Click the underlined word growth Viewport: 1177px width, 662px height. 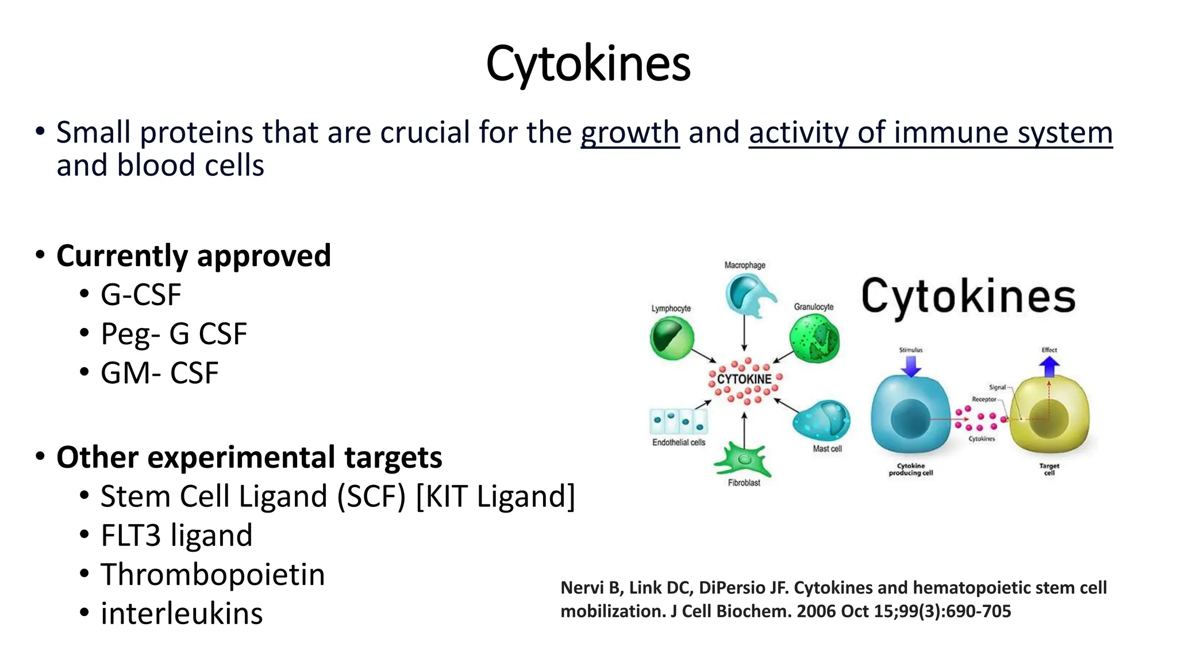pos(630,133)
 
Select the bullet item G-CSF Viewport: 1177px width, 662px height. pos(141,295)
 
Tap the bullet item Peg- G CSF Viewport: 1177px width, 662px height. pos(174,334)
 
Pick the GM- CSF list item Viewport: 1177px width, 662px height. pos(159,373)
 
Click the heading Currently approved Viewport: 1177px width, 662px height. pos(194,256)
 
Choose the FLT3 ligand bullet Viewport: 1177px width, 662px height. pos(176,535)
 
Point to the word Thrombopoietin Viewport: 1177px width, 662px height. pos(213,574)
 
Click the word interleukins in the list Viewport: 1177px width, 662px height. pos(182,613)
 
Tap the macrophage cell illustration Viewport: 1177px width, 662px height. pos(747,295)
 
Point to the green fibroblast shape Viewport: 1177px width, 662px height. pos(743,460)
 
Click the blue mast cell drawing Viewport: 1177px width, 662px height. pos(822,421)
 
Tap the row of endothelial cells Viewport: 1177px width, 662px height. pos(679,421)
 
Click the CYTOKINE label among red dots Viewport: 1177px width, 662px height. pos(744,379)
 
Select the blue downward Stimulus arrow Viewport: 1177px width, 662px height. pos(911,365)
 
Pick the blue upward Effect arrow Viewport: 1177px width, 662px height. pos(1049,365)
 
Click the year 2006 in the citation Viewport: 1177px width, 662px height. pos(816,611)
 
